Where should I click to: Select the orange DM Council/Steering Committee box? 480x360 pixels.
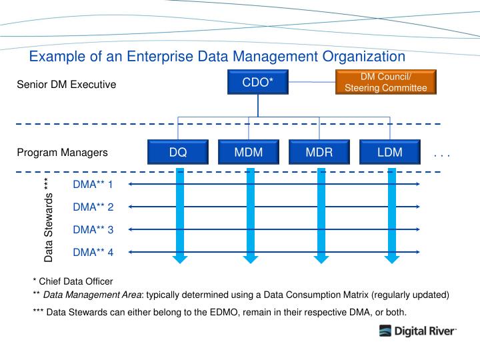point(385,83)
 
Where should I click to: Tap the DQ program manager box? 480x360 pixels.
point(178,152)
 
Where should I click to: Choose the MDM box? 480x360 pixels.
point(249,152)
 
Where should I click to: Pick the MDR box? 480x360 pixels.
point(319,152)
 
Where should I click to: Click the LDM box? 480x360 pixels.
point(390,152)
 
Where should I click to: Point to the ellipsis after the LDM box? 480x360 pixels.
point(442,155)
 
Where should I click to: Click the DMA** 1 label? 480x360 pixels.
point(93,184)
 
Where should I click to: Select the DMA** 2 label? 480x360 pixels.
point(93,207)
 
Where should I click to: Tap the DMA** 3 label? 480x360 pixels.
point(93,229)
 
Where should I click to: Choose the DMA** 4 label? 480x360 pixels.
point(93,252)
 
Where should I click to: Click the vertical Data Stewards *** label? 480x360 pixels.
point(48,220)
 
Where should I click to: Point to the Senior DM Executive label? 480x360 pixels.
point(66,85)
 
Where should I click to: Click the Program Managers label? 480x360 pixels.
point(62,153)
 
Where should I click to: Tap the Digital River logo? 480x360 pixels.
point(418,331)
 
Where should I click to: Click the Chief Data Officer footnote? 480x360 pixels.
point(73,281)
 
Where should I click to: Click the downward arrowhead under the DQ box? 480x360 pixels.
point(178,258)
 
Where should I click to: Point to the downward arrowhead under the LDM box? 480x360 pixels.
point(392,258)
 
